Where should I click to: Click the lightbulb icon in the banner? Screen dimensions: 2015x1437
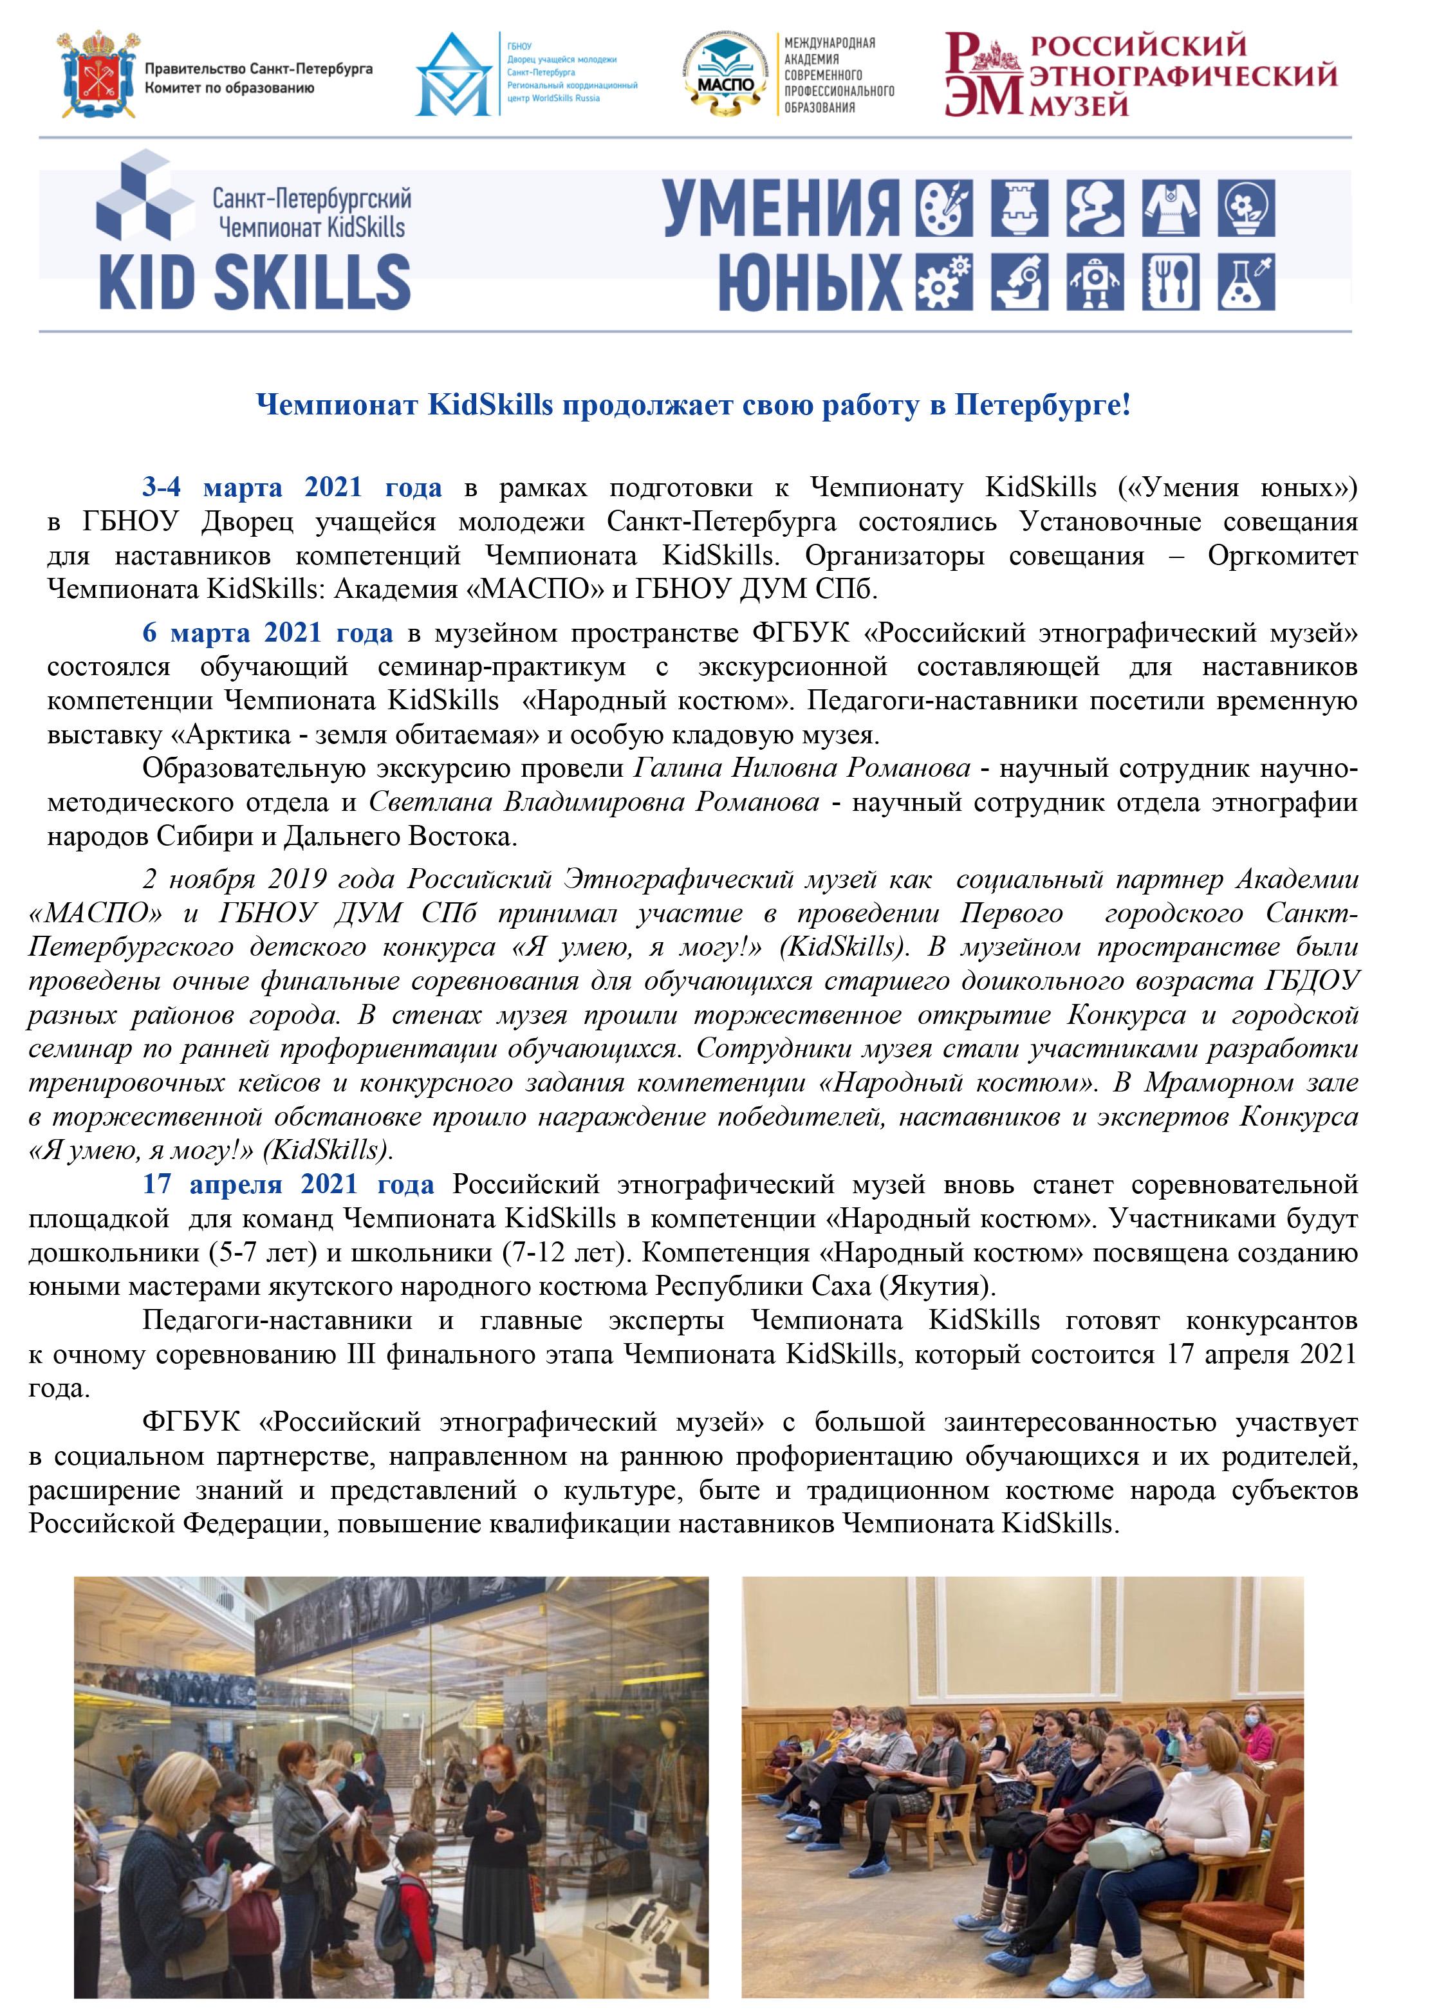(x=1247, y=210)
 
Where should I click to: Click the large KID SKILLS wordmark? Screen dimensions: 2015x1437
(x=255, y=281)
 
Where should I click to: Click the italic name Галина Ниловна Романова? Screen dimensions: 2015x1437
(x=802, y=768)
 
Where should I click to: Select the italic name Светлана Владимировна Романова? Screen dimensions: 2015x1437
(x=594, y=803)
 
